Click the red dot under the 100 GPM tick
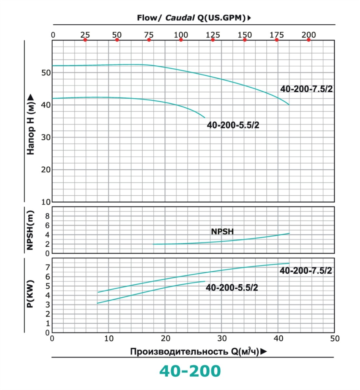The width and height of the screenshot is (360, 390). click(x=181, y=40)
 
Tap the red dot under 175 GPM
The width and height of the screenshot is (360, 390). click(x=276, y=40)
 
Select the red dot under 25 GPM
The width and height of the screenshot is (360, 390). click(x=85, y=40)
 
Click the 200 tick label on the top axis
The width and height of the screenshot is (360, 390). click(x=308, y=35)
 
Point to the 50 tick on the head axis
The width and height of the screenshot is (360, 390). click(x=46, y=73)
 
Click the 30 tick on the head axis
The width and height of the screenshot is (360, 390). click(x=46, y=137)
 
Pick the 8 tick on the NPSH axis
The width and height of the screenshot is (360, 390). click(x=47, y=216)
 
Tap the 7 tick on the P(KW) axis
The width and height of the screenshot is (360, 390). click(x=47, y=267)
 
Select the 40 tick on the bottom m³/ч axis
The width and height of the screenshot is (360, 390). click(x=278, y=339)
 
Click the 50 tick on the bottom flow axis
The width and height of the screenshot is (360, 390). click(x=335, y=339)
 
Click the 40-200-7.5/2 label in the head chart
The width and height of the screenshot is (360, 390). click(x=306, y=89)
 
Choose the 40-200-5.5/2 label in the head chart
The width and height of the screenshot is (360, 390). click(x=233, y=125)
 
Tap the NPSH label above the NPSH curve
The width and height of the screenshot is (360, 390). click(x=222, y=231)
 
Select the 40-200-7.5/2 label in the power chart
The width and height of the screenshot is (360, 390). click(x=306, y=271)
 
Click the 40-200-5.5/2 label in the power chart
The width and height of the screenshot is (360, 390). click(x=232, y=288)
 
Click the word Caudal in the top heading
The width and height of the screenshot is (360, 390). click(x=180, y=18)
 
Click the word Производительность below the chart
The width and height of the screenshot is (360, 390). click(x=180, y=352)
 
